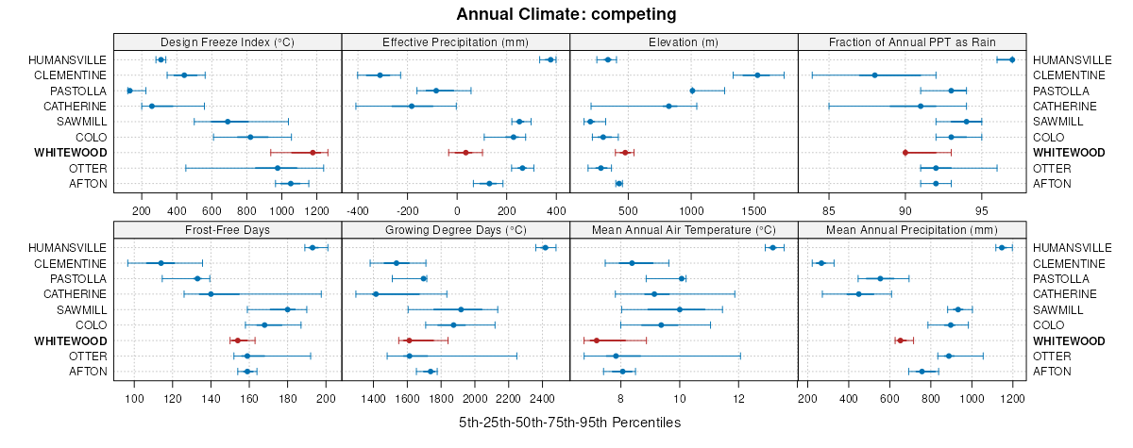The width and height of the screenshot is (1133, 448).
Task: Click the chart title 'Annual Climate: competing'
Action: [566, 14]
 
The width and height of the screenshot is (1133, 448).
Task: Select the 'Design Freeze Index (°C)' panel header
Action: [228, 42]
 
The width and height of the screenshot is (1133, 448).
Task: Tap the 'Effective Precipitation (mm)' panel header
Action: [455, 42]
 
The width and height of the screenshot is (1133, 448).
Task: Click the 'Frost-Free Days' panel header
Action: [228, 230]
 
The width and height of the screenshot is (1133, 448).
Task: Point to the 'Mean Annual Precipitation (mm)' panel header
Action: [912, 230]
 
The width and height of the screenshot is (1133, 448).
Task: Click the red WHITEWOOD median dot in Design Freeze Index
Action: [313, 153]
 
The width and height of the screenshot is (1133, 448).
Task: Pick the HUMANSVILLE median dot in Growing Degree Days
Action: [545, 248]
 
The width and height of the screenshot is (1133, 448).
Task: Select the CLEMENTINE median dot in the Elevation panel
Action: [757, 75]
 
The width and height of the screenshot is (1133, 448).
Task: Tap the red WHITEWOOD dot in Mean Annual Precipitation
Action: [900, 340]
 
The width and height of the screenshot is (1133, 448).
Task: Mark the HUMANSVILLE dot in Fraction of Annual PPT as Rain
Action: [1012, 60]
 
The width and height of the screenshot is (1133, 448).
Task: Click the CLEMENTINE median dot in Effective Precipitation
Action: [380, 75]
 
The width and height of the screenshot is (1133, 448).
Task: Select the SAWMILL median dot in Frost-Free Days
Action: [287, 309]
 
